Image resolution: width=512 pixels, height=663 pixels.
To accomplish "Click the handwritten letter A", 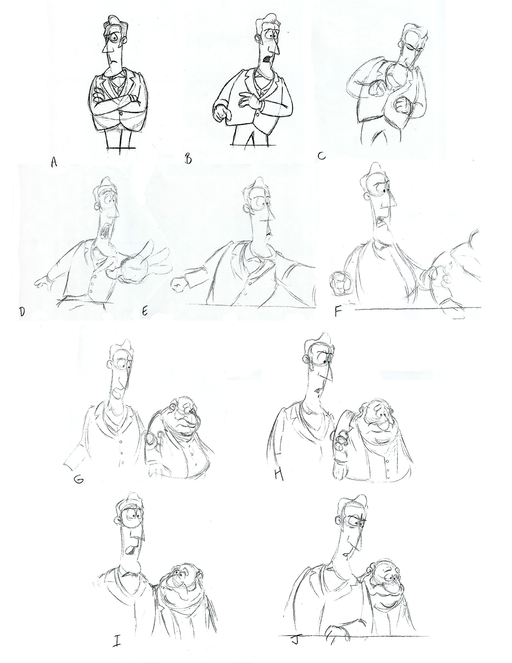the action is (x=54, y=162).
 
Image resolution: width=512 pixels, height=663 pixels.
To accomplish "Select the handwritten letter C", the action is (x=321, y=156).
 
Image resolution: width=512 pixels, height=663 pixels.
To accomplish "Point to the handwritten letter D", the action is (x=22, y=311).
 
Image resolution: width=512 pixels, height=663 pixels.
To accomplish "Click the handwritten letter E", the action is (x=145, y=311).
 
